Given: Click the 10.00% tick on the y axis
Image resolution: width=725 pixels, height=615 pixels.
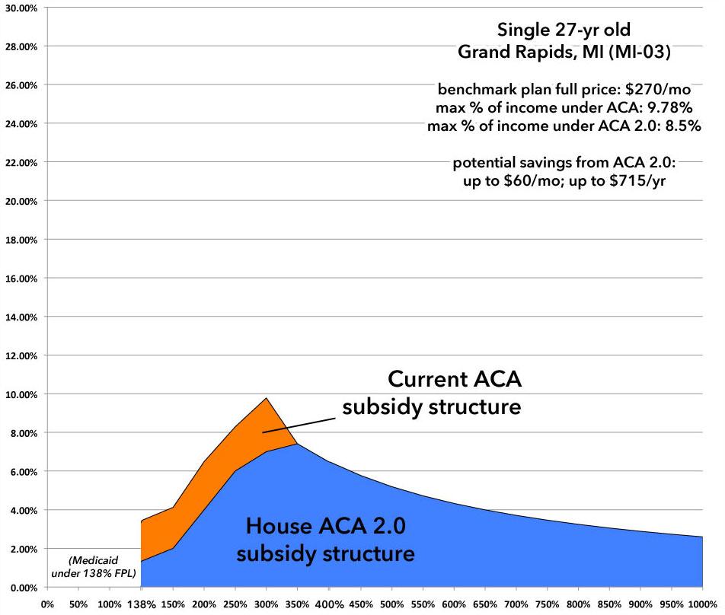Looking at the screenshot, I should click(22, 394).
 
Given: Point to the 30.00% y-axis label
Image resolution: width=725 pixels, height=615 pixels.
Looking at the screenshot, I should click(22, 7).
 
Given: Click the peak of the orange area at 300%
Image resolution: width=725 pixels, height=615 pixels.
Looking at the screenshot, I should click(267, 398).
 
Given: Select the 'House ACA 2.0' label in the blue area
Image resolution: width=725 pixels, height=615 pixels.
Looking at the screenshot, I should click(325, 524).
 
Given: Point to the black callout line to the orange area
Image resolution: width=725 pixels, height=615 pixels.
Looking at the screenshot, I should click(302, 422).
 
